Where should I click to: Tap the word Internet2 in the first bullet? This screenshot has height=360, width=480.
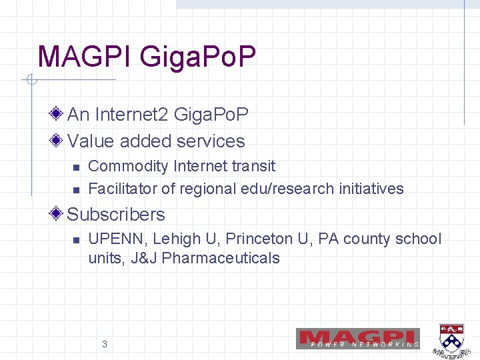click(131, 115)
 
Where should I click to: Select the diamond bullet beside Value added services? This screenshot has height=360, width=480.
click(58, 141)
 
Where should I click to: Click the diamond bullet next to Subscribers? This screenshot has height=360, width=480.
click(58, 214)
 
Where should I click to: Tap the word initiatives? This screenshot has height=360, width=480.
click(371, 189)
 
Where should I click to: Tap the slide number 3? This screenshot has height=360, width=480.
click(104, 344)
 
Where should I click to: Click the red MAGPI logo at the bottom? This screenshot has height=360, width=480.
click(359, 338)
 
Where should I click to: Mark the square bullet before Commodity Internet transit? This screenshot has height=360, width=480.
click(76, 167)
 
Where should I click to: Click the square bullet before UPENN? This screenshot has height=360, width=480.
click(76, 240)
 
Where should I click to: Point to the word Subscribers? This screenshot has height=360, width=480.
click(116, 214)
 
